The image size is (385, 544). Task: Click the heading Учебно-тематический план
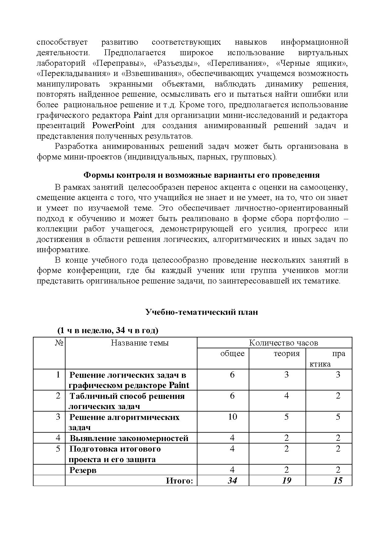pyautogui.click(x=202, y=312)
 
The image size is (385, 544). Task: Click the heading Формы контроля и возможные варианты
pyautogui.click(x=202, y=175)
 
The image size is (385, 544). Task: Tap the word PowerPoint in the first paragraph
pyautogui.click(x=113, y=126)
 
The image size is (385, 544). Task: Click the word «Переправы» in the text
pyautogui.click(x=119, y=63)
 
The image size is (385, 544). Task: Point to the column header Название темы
pyautogui.click(x=140, y=343)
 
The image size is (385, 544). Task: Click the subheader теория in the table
pyautogui.click(x=286, y=354)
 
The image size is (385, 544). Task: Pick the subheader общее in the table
pyautogui.click(x=232, y=354)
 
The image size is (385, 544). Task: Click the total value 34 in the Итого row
pyautogui.click(x=232, y=480)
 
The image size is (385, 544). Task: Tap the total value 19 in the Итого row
pyautogui.click(x=286, y=480)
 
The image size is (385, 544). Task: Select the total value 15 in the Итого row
pyautogui.click(x=337, y=480)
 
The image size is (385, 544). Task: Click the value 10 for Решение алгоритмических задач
pyautogui.click(x=232, y=417)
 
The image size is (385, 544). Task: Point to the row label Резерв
pyautogui.click(x=83, y=470)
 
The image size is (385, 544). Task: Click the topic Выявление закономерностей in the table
pyautogui.click(x=129, y=438)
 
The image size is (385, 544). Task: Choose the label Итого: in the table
pyautogui.click(x=179, y=481)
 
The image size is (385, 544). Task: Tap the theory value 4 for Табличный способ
pyautogui.click(x=286, y=396)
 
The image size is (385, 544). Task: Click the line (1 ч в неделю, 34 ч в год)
pyautogui.click(x=108, y=331)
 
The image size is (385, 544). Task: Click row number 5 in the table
pyautogui.click(x=58, y=449)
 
